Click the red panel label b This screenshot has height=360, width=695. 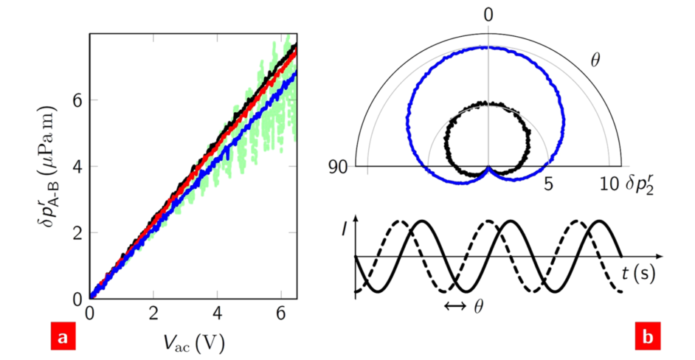[x=646, y=337]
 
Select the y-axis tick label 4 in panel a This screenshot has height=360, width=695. [x=77, y=166]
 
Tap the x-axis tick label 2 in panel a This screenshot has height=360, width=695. [x=153, y=313]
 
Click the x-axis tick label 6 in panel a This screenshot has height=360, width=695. [x=281, y=313]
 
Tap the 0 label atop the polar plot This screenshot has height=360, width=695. [x=488, y=15]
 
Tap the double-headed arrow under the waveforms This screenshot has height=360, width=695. [x=455, y=305]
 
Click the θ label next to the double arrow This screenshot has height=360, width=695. [x=478, y=305]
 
